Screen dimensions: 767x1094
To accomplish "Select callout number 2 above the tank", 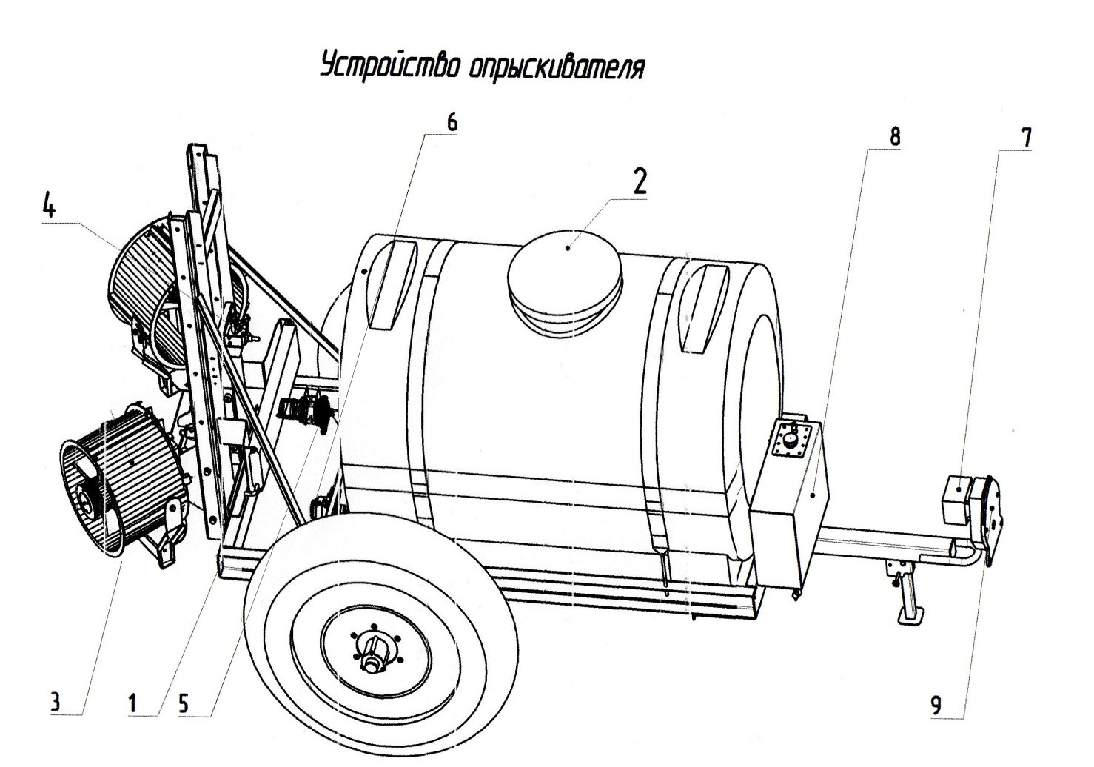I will [x=639, y=181].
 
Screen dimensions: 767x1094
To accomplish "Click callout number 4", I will [x=48, y=205].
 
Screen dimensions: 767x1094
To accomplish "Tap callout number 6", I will [x=452, y=123].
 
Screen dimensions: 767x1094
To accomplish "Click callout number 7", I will [x=1026, y=138].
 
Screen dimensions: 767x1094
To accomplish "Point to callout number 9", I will [x=936, y=706].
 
